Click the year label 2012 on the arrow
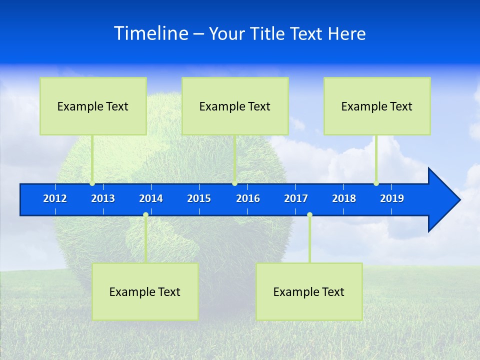tap(55, 198)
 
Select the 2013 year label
tap(103, 198)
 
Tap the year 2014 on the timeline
tap(151, 198)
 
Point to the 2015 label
tap(199, 198)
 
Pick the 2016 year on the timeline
tap(248, 198)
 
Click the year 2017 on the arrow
tap(296, 198)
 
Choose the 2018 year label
tap(344, 198)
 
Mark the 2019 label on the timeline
tap(392, 198)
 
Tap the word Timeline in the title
tap(150, 33)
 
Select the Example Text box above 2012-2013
tap(93, 106)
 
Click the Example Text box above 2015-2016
tap(235, 106)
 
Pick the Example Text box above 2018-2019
tap(377, 106)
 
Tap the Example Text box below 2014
tap(145, 291)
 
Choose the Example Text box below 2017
tap(309, 291)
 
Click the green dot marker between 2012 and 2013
tap(92, 183)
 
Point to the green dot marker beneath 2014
tap(145, 215)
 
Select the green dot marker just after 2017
tap(309, 215)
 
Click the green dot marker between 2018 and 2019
tap(376, 183)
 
